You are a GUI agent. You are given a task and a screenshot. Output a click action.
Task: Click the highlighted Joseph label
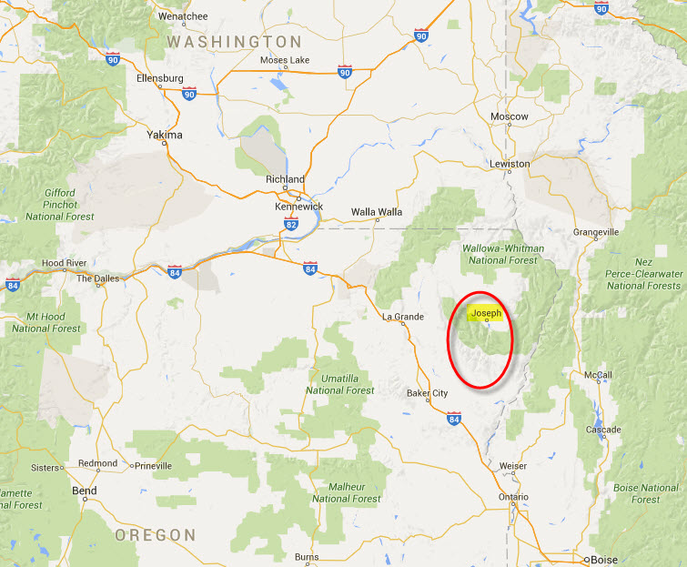tap(486, 314)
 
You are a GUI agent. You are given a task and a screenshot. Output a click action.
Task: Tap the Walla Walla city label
tap(377, 212)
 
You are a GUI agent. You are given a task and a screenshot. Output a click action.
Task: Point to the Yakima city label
tap(165, 135)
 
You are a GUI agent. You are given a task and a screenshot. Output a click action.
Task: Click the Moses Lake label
tap(285, 60)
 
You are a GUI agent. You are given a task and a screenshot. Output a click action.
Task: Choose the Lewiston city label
tap(510, 164)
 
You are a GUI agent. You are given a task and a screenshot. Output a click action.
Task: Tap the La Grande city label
tap(402, 316)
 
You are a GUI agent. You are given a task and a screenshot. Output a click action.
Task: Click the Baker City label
tap(427, 393)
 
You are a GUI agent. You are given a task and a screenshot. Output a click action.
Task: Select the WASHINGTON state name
tap(234, 42)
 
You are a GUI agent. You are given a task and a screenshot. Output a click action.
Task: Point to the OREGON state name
tap(156, 535)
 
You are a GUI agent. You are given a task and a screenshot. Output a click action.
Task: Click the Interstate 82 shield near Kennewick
tap(289, 223)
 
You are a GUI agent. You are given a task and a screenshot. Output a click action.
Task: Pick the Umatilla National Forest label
tap(340, 383)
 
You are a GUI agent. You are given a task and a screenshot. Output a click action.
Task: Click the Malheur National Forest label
tap(346, 492)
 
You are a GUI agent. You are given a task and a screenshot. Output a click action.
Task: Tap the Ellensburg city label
tap(160, 78)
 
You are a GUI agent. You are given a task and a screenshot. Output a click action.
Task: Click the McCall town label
tap(598, 374)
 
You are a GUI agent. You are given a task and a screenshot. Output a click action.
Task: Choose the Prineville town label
tap(153, 465)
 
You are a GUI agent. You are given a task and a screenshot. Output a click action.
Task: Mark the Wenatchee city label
tap(183, 16)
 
